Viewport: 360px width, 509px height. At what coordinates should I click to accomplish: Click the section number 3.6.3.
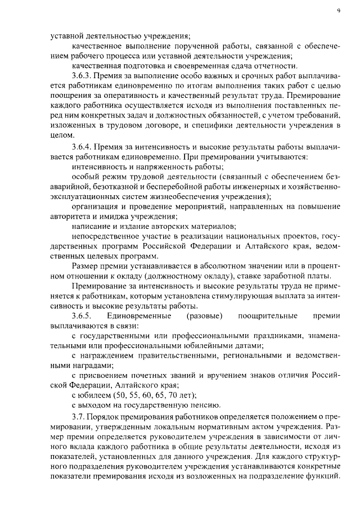[x=82, y=75]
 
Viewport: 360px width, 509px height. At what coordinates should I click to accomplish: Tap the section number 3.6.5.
[x=82, y=316]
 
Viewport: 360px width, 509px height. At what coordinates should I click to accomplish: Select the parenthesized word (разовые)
[x=204, y=316]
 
